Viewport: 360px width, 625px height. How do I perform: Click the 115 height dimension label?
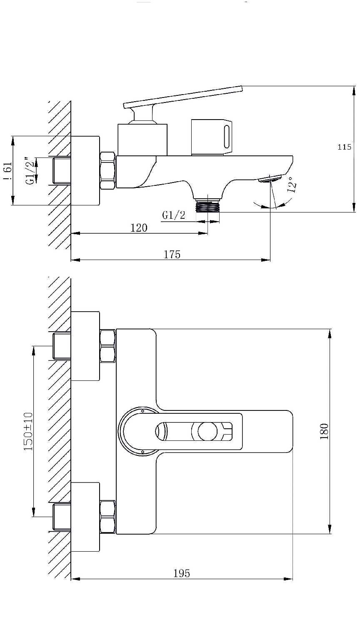point(344,147)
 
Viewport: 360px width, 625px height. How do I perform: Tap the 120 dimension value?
point(139,228)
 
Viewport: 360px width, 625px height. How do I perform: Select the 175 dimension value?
point(172,255)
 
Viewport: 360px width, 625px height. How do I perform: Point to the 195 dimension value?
point(182,574)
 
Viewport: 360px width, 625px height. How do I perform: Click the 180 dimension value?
point(324,431)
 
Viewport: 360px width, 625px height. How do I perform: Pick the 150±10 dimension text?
point(28,431)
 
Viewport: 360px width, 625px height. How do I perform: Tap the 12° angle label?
point(292,185)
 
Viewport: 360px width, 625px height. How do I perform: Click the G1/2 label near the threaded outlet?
point(174,215)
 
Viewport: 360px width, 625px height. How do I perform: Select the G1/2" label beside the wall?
point(31,171)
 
